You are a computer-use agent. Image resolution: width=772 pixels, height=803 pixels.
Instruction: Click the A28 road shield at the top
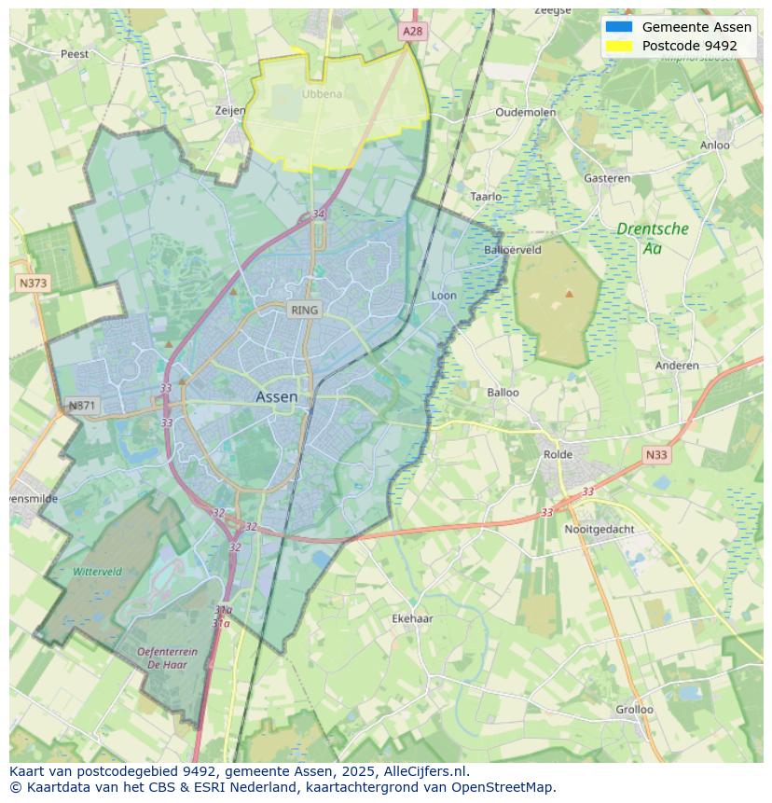[x=412, y=31]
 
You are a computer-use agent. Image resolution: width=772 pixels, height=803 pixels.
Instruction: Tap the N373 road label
[x=33, y=283]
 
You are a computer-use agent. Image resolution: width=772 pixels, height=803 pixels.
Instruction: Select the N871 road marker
[x=82, y=406]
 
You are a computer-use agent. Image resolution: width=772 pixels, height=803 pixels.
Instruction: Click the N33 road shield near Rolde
[x=656, y=455]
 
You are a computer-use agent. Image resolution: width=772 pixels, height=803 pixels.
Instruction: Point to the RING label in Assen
[x=304, y=310]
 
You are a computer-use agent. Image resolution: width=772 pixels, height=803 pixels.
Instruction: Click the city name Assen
[x=277, y=397]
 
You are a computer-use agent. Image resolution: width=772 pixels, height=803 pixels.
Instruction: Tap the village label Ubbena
[x=322, y=94]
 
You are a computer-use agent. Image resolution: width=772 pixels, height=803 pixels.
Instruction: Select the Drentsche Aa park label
[x=653, y=238]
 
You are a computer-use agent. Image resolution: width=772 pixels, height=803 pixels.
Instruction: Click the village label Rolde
[x=558, y=455]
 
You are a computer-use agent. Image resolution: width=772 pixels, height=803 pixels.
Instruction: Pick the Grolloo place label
[x=634, y=710]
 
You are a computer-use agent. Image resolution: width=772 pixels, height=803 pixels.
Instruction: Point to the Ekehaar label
[x=412, y=618]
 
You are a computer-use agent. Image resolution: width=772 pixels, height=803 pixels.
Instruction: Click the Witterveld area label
[x=97, y=572]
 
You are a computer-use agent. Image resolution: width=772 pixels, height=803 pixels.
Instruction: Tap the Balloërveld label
[x=513, y=250]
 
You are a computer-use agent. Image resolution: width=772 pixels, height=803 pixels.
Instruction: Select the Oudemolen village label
[x=525, y=112]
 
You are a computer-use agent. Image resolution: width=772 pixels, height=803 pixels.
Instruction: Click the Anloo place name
[x=715, y=145]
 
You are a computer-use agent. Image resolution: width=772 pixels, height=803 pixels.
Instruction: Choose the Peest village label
[x=75, y=54]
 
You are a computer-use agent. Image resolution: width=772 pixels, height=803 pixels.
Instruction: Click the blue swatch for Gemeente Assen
[x=618, y=27]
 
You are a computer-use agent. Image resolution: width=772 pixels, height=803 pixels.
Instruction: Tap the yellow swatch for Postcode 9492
[x=618, y=46]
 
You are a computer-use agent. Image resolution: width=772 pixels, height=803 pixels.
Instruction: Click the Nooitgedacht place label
[x=600, y=529]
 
